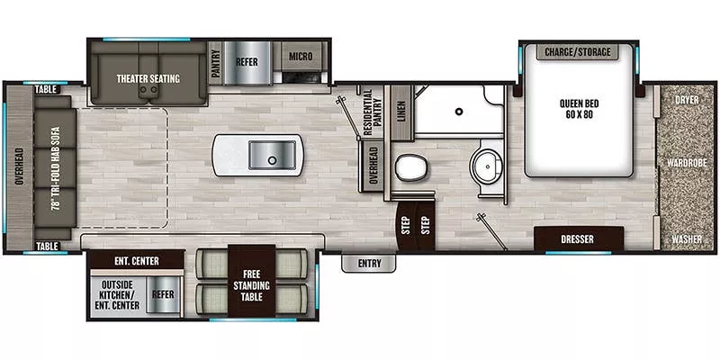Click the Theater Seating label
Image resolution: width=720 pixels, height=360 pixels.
(x=148, y=78)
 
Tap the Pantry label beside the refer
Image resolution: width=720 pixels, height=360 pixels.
(x=214, y=63)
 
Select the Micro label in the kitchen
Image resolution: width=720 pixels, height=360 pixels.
(x=301, y=58)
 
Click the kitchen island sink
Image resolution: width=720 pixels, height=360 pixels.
(x=274, y=154)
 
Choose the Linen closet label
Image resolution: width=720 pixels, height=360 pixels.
(x=400, y=112)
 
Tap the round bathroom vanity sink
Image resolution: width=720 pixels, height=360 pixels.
(x=487, y=166)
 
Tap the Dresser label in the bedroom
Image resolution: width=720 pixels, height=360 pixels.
(x=578, y=239)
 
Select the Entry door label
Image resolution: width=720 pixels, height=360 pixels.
(x=368, y=264)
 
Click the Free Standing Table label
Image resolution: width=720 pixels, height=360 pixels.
(x=250, y=281)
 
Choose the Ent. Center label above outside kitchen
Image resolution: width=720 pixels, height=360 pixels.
(x=137, y=262)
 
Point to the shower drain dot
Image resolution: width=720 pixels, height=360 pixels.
(x=458, y=112)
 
